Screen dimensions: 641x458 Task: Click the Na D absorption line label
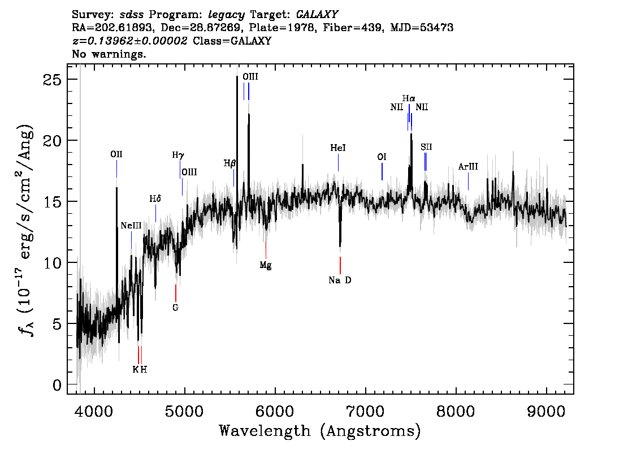[340, 280]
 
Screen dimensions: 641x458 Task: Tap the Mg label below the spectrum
[265, 265]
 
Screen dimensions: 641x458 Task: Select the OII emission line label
[116, 154]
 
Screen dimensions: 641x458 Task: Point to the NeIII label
[131, 226]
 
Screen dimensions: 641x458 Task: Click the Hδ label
[155, 198]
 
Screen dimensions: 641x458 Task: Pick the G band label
[175, 308]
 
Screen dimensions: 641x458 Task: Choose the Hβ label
[229, 163]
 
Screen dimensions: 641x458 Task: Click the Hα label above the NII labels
[409, 98]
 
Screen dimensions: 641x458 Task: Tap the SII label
[426, 147]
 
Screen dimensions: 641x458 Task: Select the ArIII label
[468, 166]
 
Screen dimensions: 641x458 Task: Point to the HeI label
[338, 148]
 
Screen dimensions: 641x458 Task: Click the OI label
[382, 157]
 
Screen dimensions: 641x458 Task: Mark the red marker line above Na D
[340, 265]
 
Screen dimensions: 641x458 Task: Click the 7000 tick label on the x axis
[365, 411]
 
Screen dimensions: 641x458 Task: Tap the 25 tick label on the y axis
[52, 79]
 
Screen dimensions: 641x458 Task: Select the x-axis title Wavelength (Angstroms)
[320, 431]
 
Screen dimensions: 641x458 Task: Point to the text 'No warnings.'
[109, 54]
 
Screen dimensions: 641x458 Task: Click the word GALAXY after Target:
[317, 15]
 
